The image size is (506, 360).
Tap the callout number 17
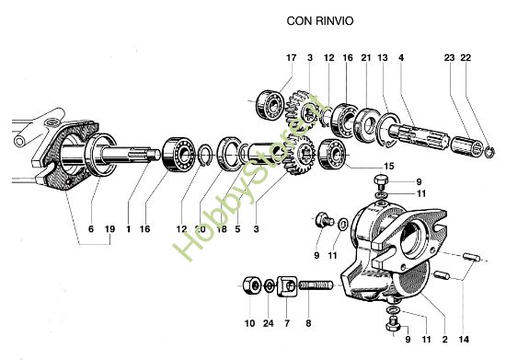[291, 58]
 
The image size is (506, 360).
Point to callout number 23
[450, 58]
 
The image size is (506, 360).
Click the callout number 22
[466, 58]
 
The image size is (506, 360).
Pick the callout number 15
[387, 166]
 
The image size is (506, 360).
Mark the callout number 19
[109, 227]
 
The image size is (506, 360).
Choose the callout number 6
[90, 227]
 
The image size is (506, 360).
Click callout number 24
[268, 325]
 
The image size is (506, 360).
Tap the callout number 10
[249, 325]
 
